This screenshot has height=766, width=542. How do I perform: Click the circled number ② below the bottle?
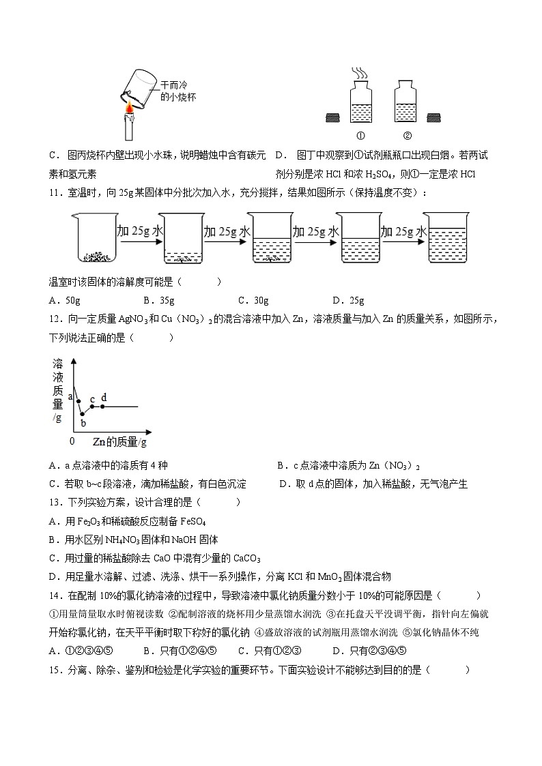pos(408,134)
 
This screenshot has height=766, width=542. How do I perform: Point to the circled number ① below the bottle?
pos(361,134)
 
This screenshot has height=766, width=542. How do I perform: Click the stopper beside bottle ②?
pos(434,119)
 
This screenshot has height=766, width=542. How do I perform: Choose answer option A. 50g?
pos(66,300)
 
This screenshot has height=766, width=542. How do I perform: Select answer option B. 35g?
pos(159,300)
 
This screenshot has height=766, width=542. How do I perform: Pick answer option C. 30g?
pos(253,300)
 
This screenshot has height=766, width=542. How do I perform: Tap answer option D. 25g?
pos(347,300)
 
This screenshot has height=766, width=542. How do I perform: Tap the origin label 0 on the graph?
pos(72,441)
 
